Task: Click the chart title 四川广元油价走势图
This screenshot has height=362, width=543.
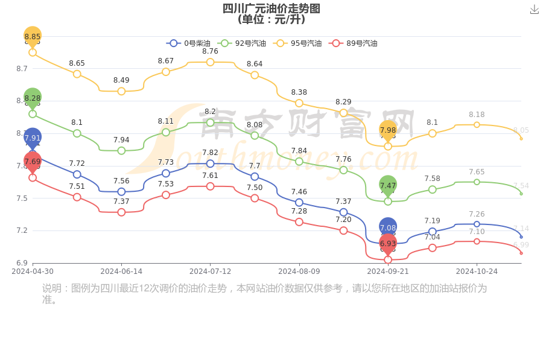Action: tap(271, 8)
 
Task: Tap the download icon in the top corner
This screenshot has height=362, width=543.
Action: tap(535, 10)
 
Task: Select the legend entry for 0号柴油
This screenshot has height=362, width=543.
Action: tap(189, 43)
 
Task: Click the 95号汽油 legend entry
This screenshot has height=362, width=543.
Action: tap(297, 43)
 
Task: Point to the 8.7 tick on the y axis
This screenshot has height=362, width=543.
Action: tap(22, 69)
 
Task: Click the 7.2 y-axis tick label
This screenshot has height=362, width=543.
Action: tap(22, 230)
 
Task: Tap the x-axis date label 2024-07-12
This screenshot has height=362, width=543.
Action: tap(210, 271)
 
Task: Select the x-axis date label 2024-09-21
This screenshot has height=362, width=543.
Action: tap(388, 271)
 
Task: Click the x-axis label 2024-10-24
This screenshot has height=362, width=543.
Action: tap(477, 271)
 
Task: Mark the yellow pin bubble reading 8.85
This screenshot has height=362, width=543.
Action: tap(33, 36)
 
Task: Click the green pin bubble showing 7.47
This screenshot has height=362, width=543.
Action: tap(388, 185)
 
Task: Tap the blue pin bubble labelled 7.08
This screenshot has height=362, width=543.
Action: tap(388, 227)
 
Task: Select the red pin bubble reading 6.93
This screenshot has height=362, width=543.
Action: tap(388, 243)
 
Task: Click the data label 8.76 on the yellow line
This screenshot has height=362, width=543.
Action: tap(210, 51)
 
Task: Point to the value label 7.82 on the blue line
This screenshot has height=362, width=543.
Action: tap(210, 153)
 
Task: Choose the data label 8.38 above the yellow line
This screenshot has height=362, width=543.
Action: tap(299, 92)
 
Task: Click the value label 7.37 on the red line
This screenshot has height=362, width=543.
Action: tap(121, 202)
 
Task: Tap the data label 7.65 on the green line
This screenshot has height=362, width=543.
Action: tap(477, 172)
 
